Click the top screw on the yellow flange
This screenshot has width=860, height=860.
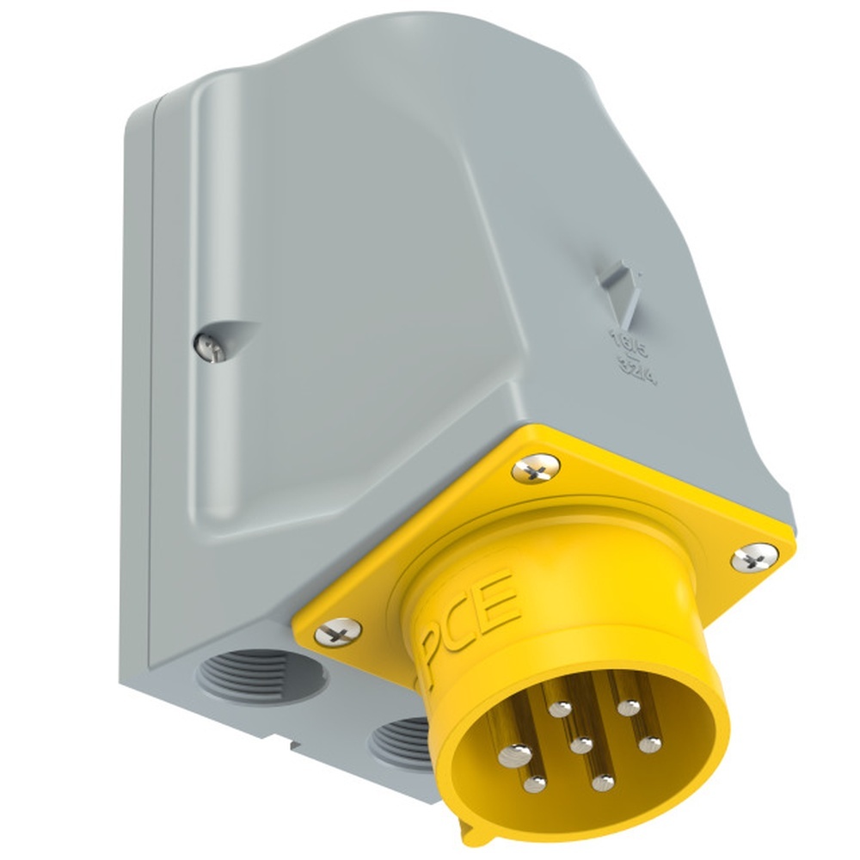[x=536, y=469]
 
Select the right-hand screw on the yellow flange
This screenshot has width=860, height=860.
[x=754, y=558]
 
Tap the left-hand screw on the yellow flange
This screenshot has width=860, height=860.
[x=338, y=635]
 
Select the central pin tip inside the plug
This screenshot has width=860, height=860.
[x=582, y=745]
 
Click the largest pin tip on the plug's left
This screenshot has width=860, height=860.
[x=514, y=753]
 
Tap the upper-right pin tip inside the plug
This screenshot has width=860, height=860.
[x=630, y=708]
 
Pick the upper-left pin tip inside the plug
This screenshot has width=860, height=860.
[x=561, y=709]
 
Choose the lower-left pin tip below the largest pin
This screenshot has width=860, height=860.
[x=534, y=783]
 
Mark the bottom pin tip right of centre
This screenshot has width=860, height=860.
[x=604, y=783]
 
